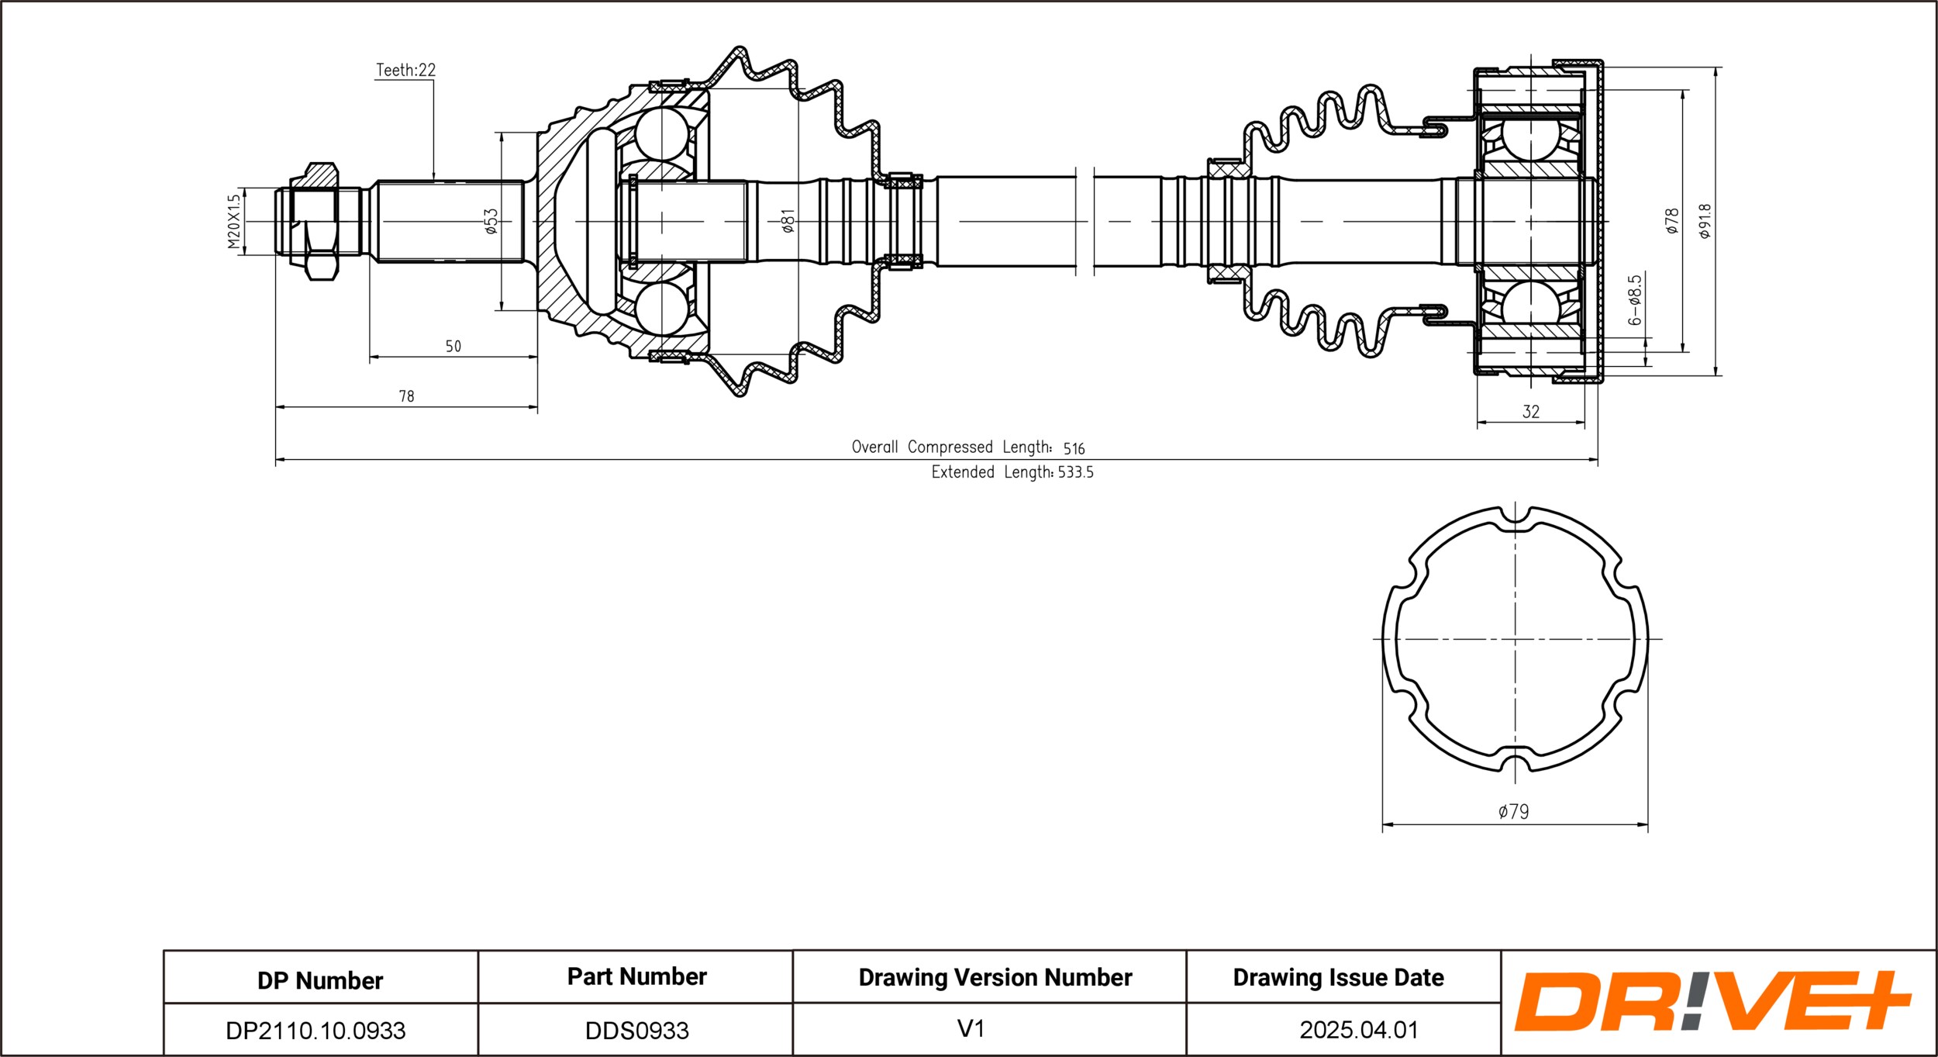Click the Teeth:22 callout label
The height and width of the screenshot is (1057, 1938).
405,70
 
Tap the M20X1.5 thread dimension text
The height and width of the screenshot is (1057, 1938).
234,222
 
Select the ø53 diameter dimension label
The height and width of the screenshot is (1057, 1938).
491,221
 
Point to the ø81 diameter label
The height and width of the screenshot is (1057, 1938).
788,221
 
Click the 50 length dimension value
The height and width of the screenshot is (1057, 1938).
453,347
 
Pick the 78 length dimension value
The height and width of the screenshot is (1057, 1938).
406,396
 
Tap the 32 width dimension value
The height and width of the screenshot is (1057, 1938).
1530,412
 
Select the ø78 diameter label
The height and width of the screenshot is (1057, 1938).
1672,221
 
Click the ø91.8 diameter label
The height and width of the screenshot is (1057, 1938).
1705,221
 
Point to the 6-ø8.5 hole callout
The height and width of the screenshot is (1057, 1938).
1634,300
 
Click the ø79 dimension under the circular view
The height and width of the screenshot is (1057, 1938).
1513,811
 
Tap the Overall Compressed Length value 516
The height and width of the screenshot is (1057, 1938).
1074,448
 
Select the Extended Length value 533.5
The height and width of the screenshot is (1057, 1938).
1075,472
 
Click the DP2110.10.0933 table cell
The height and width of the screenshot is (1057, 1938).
316,1031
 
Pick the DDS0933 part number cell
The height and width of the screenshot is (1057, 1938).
636,1031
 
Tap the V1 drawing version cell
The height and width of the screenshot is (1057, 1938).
971,1029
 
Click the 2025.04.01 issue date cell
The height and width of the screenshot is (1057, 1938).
1359,1030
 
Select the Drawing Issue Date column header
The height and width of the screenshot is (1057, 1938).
1338,978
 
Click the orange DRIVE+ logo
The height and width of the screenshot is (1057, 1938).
1713,1001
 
